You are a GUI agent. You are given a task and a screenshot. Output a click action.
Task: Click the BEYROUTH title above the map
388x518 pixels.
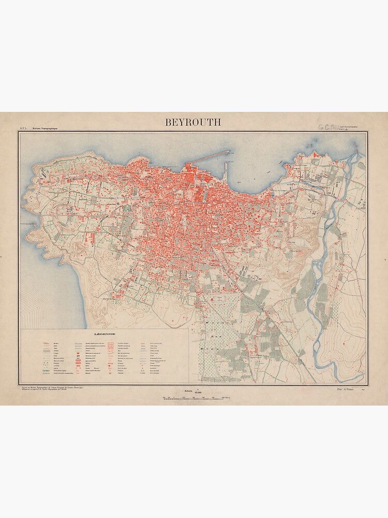pos(193,122)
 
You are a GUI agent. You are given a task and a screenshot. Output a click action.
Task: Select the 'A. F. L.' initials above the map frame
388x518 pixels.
pos(23,127)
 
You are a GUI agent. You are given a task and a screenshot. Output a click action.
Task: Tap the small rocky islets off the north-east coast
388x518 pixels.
pos(286,165)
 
